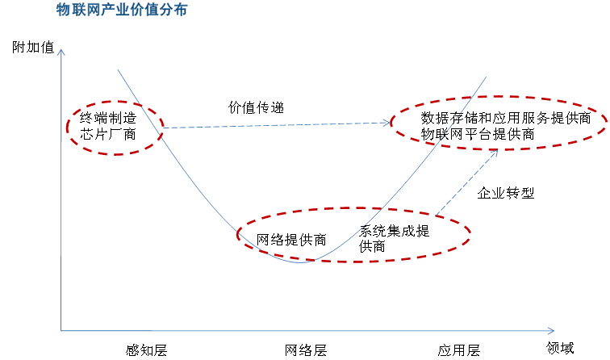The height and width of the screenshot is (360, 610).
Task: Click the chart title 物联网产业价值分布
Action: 122,10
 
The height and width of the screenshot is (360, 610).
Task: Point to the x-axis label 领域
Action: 560,349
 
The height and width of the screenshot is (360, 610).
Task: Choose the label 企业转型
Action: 506,193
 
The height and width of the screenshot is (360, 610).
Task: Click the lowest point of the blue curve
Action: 302,262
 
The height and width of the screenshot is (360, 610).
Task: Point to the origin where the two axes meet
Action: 61,330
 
